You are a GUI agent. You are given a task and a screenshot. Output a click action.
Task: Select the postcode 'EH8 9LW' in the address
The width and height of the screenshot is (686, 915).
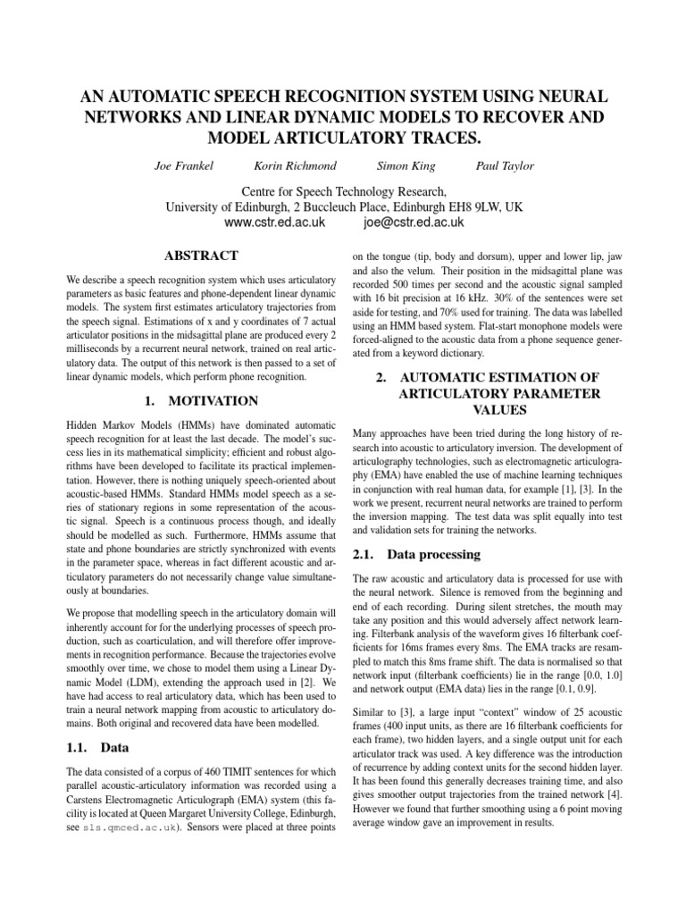click(473, 206)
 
